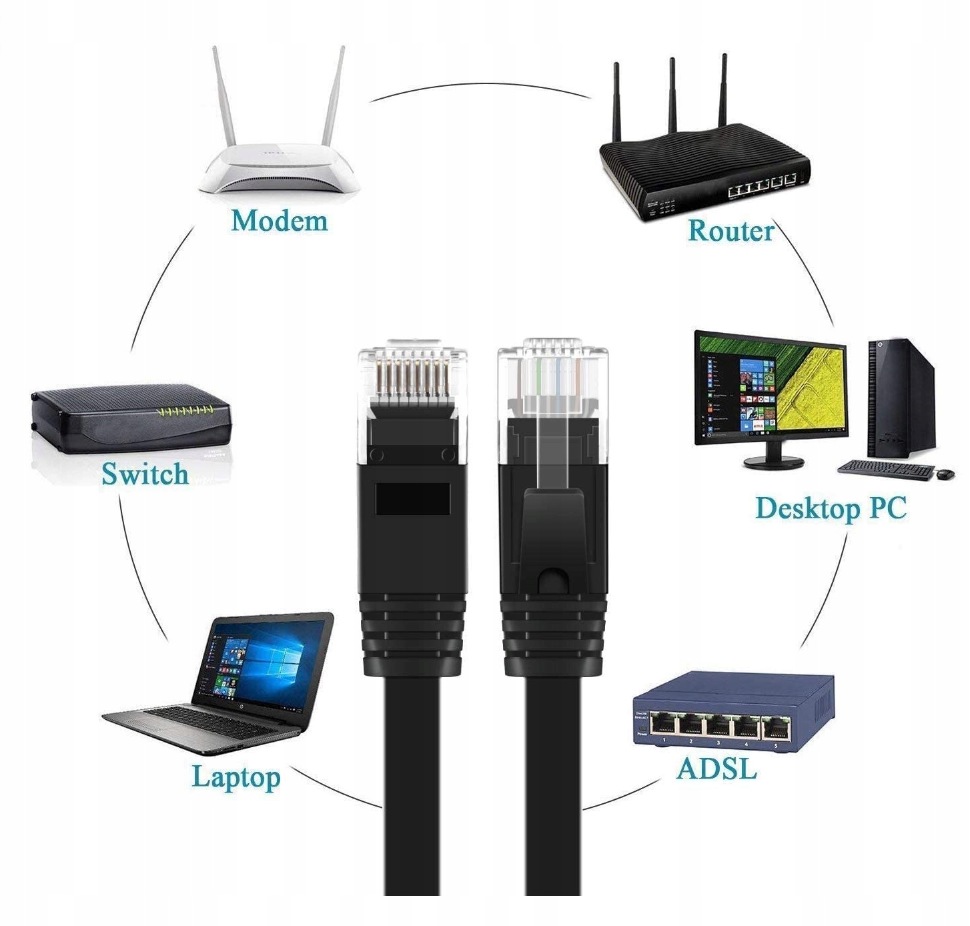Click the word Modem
pyautogui.click(x=280, y=221)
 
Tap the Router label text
pyautogui.click(x=731, y=230)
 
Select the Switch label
pyautogui.click(x=145, y=474)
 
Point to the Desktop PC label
pyautogui.click(x=831, y=508)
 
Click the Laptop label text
pyautogui.click(x=236, y=777)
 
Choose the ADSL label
pyautogui.click(x=716, y=769)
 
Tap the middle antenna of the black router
pyautogui.click(x=672, y=100)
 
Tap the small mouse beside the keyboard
pyautogui.click(x=945, y=474)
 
